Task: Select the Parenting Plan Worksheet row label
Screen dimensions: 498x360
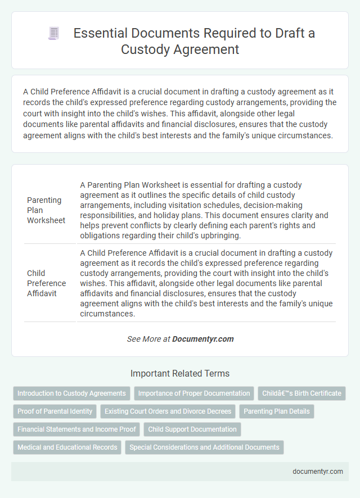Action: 46,210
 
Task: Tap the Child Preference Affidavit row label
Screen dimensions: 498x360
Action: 46,283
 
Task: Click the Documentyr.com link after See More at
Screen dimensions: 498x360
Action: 202,339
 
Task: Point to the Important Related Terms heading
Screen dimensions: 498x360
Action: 180,373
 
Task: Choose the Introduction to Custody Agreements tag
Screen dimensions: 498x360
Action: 71,393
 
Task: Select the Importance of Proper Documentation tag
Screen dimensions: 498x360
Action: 194,393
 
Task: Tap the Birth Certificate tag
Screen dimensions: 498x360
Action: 302,393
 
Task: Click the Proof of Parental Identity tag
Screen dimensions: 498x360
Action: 55,411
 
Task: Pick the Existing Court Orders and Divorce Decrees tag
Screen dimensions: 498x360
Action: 168,411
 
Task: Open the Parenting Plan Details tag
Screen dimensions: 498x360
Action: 277,411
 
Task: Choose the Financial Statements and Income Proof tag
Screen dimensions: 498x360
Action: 76,429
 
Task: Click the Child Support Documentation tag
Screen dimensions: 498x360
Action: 193,429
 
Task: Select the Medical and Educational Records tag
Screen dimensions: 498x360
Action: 67,447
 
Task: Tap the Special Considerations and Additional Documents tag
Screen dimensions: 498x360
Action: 204,447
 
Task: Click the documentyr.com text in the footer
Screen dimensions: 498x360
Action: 318,471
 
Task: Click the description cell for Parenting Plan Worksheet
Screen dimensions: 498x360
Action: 206,210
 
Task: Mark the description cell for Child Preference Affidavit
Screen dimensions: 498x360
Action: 206,283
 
